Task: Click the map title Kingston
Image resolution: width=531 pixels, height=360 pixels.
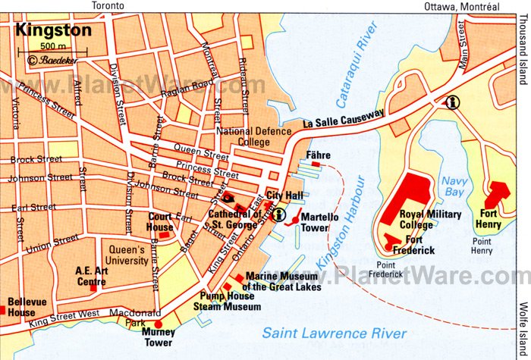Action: click(52, 31)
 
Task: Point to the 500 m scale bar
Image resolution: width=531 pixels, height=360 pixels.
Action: click(64, 50)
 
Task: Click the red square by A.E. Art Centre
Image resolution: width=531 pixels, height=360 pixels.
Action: click(94, 287)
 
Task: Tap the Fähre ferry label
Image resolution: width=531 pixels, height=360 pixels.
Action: click(316, 155)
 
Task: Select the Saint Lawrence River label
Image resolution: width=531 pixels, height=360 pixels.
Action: click(334, 333)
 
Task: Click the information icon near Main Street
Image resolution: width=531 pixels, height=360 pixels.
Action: click(453, 102)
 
